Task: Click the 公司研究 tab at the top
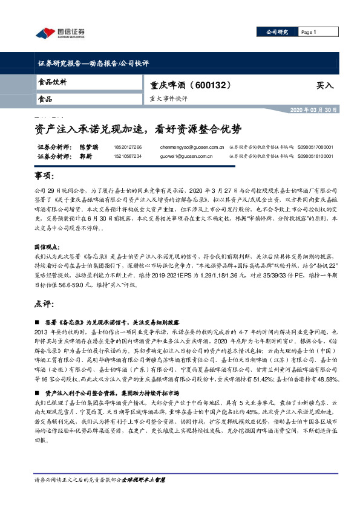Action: [x=278, y=31]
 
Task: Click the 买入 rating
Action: [x=324, y=85]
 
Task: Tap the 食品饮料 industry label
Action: [x=52, y=82]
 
